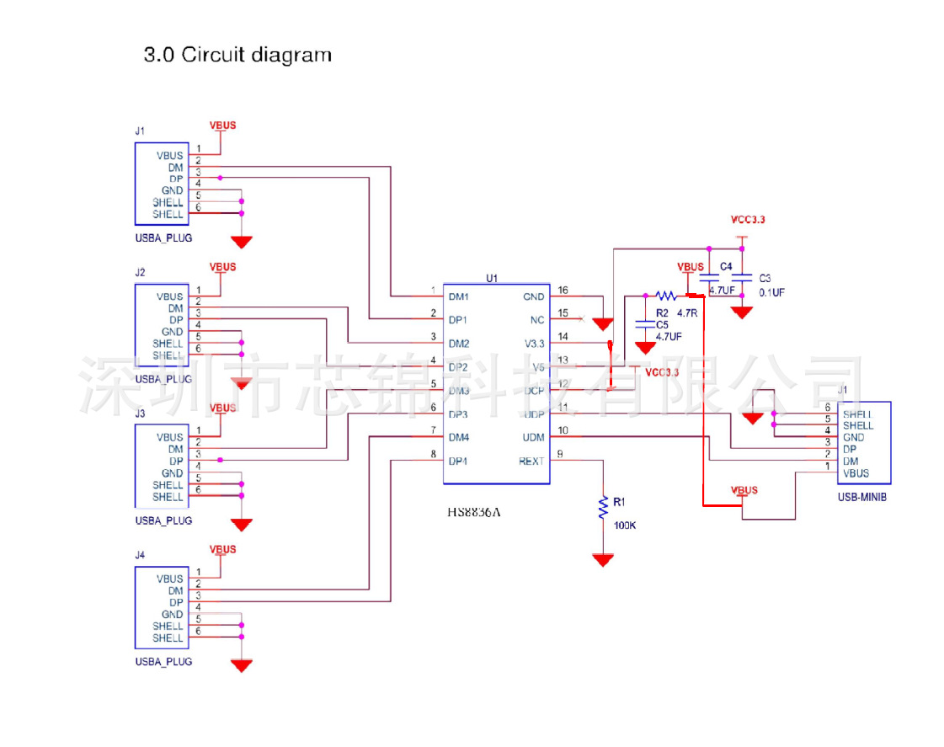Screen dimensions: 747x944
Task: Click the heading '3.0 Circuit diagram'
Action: pyautogui.click(x=238, y=56)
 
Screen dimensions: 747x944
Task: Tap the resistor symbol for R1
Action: pyautogui.click(x=603, y=508)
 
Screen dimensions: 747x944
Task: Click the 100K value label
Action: pyautogui.click(x=625, y=526)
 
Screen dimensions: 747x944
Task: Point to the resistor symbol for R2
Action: pyautogui.click(x=666, y=296)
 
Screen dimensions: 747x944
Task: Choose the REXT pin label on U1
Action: pyautogui.click(x=531, y=461)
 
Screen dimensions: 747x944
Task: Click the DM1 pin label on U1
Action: pyautogui.click(x=459, y=296)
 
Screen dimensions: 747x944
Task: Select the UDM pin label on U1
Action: pyautogui.click(x=533, y=437)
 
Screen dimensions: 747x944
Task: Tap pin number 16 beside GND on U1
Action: pyautogui.click(x=563, y=291)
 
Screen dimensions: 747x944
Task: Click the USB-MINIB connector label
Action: pyautogui.click(x=862, y=497)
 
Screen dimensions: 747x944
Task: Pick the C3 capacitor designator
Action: pyautogui.click(x=765, y=277)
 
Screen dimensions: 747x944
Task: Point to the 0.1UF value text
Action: pyautogui.click(x=771, y=292)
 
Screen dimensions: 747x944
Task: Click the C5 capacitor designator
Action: pyautogui.click(x=662, y=324)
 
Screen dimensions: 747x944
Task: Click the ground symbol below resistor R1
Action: pyautogui.click(x=603, y=560)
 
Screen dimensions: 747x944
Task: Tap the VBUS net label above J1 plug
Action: pyautogui.click(x=223, y=125)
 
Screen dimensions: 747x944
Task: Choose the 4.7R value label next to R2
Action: pyautogui.click(x=687, y=312)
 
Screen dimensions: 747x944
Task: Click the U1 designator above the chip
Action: pyautogui.click(x=492, y=278)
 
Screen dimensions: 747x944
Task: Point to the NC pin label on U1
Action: pyautogui.click(x=537, y=320)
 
